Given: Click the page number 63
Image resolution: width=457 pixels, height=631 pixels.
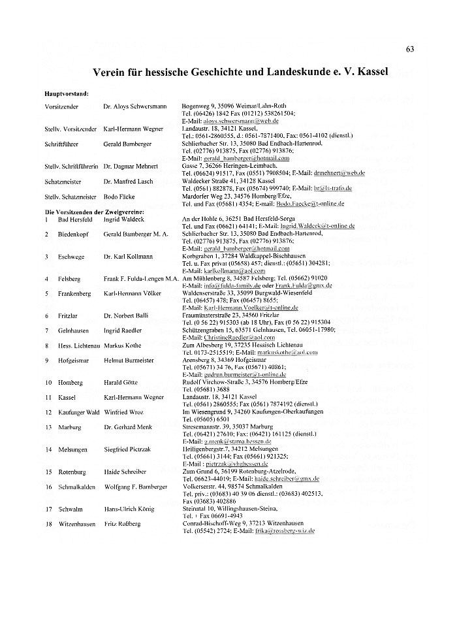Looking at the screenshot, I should pyautogui.click(x=410, y=50).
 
